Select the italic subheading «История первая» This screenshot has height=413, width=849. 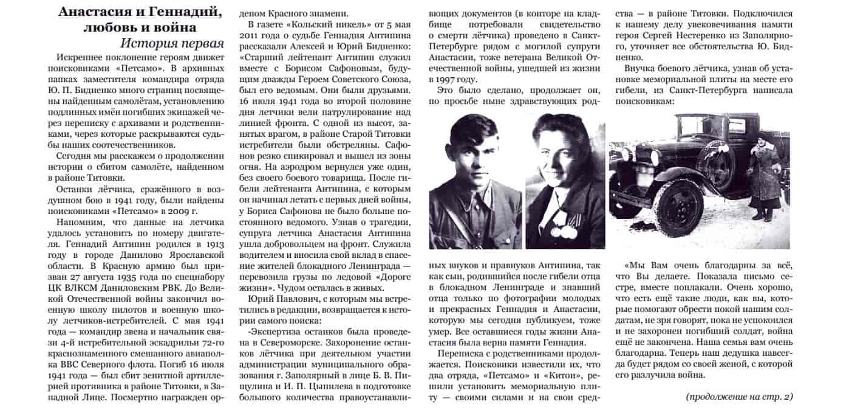tap(164, 44)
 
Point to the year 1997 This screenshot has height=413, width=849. tap(441, 79)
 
